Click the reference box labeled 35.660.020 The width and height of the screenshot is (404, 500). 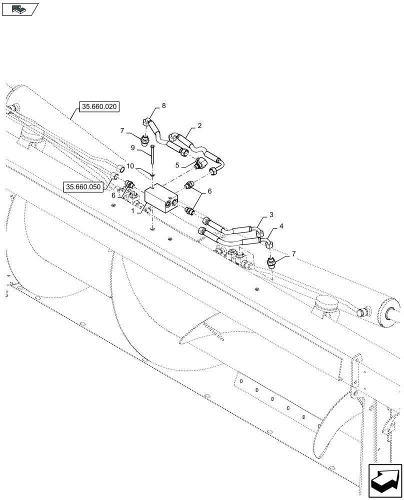pyautogui.click(x=99, y=106)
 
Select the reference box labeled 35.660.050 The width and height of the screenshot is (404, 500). pyautogui.click(x=83, y=186)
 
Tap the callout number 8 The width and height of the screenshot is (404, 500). pyautogui.click(x=163, y=105)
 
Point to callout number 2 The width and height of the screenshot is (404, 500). pyautogui.click(x=199, y=125)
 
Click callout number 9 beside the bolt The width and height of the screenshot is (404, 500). pyautogui.click(x=133, y=148)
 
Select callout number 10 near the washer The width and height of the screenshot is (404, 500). pyautogui.click(x=130, y=165)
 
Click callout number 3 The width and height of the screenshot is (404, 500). pyautogui.click(x=271, y=215)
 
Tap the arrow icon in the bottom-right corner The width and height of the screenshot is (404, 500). pyautogui.click(x=385, y=481)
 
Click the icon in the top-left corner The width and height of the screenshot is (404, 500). pyautogui.click(x=20, y=8)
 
